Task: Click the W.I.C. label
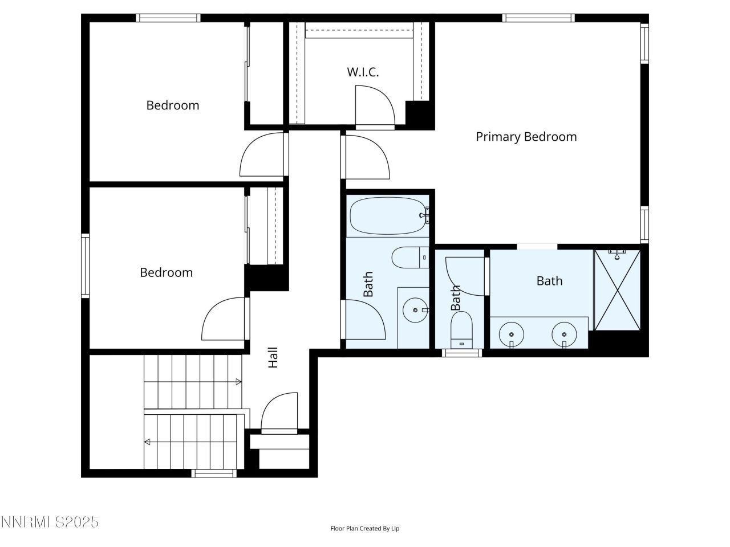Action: point(363,72)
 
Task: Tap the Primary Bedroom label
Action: point(526,137)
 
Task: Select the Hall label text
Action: point(273,357)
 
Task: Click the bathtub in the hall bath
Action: point(388,216)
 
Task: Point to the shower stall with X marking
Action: point(617,290)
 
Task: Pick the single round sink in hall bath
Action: point(415,311)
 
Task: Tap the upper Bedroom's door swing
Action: point(262,155)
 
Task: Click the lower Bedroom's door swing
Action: point(224,319)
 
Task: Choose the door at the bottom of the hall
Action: point(279,412)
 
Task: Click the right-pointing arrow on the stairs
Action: point(236,381)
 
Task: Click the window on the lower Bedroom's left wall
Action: point(85,266)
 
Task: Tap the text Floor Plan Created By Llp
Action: point(365,528)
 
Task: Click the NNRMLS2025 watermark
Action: point(50,522)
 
